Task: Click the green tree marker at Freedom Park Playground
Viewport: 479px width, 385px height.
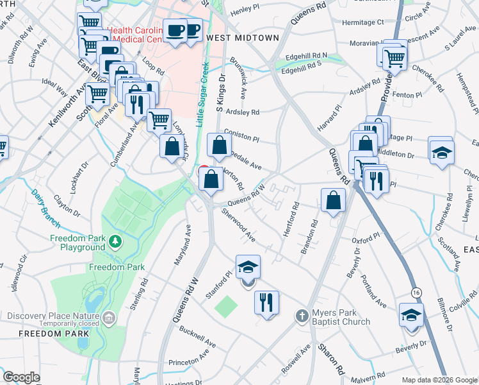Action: click(115, 241)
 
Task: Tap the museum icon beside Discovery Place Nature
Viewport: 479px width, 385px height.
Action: click(109, 317)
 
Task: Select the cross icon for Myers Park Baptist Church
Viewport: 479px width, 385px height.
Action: click(302, 316)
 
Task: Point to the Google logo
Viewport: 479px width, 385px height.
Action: click(21, 377)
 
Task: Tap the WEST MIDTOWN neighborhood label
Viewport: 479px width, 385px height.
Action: click(243, 38)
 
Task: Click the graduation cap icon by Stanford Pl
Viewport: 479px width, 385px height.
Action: click(248, 266)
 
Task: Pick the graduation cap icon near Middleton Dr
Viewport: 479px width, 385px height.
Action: click(441, 151)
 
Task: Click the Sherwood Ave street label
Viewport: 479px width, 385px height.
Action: click(238, 226)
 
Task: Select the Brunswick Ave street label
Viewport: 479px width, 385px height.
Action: click(243, 81)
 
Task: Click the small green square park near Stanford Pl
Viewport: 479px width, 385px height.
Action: click(225, 306)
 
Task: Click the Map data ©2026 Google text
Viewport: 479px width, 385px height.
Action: click(438, 379)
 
